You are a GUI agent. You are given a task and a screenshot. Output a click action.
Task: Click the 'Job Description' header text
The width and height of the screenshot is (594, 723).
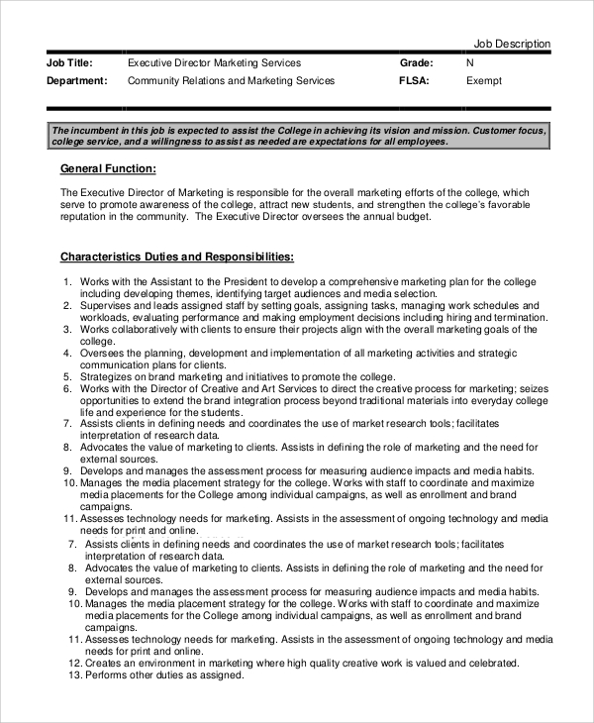point(512,45)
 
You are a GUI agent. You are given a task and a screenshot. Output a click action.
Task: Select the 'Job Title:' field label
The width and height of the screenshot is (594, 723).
point(69,62)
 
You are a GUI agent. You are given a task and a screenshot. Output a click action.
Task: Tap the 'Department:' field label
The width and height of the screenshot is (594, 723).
point(77,81)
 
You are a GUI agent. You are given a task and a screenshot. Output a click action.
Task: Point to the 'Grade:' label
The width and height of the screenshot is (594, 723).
point(416,62)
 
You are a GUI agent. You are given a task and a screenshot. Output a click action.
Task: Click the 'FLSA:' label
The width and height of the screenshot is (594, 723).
point(414,81)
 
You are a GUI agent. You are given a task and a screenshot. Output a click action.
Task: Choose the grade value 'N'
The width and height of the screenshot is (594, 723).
point(470,62)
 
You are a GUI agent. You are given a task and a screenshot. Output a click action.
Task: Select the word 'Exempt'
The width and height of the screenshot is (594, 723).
point(484,81)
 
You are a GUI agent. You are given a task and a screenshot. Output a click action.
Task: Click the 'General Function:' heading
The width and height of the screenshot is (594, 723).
point(108,168)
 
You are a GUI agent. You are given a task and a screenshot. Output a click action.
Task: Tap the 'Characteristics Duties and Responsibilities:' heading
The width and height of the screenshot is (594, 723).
point(177,257)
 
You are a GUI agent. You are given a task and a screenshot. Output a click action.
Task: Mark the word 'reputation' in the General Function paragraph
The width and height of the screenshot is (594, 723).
point(85,216)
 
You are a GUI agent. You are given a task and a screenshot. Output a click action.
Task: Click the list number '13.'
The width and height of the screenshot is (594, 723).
point(71,675)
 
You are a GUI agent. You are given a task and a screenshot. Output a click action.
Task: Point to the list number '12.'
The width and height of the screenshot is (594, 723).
point(71,664)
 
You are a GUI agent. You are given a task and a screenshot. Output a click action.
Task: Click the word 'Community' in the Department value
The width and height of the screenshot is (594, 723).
point(155,81)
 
